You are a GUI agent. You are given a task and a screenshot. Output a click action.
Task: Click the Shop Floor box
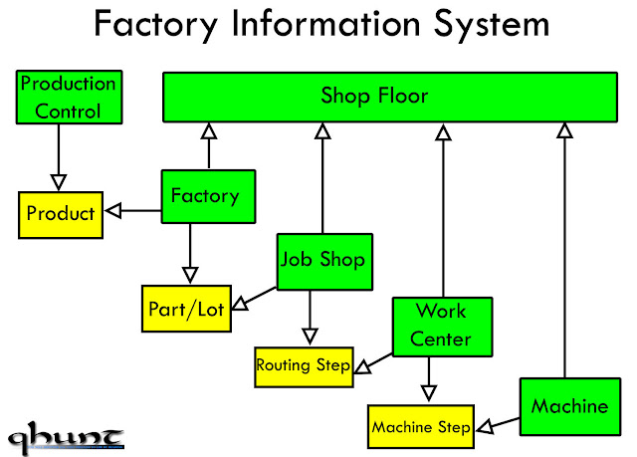389,97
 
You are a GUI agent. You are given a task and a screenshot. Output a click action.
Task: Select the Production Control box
69,98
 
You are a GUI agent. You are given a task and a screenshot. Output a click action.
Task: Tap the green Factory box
208,196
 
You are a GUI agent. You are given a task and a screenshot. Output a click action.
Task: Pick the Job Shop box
322,261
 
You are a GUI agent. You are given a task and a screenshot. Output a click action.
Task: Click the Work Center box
441,325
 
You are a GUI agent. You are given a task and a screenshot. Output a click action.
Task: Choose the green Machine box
569,406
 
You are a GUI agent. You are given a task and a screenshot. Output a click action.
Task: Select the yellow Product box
61,214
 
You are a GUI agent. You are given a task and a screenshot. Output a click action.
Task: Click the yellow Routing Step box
303,365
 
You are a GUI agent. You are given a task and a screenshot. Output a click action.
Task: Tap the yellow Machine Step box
420,428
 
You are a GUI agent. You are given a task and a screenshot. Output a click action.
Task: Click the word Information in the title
330,26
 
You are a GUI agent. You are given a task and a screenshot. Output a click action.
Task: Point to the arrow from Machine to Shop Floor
564,249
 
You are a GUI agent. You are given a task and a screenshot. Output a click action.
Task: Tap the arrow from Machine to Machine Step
498,423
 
